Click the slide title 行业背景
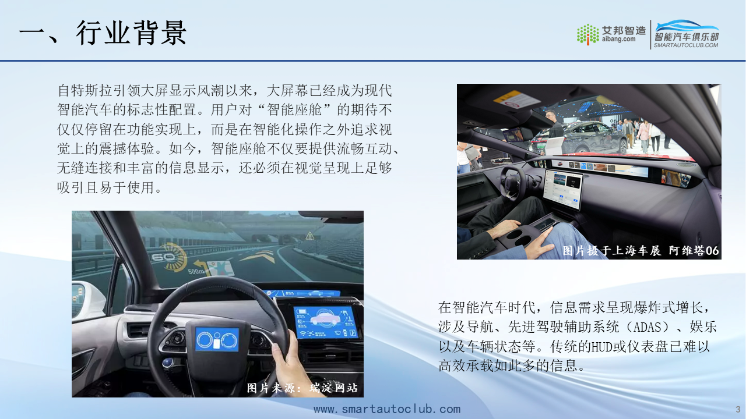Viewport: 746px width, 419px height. coord(131,33)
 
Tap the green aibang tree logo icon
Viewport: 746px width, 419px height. coord(588,34)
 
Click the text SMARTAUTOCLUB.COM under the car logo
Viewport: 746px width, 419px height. coord(686,45)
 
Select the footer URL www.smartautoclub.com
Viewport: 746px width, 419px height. coord(387,409)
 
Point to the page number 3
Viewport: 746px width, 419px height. coord(738,409)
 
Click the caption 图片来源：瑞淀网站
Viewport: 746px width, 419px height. coord(302,388)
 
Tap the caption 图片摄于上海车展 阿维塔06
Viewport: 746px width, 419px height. coord(641,250)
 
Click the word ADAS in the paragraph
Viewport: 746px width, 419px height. coord(647,327)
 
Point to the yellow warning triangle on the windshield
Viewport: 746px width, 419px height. coord(309,236)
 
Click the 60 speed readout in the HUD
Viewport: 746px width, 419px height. coord(164,257)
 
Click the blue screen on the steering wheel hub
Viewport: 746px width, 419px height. coord(217,339)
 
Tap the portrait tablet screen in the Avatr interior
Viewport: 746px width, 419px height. coord(562,189)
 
